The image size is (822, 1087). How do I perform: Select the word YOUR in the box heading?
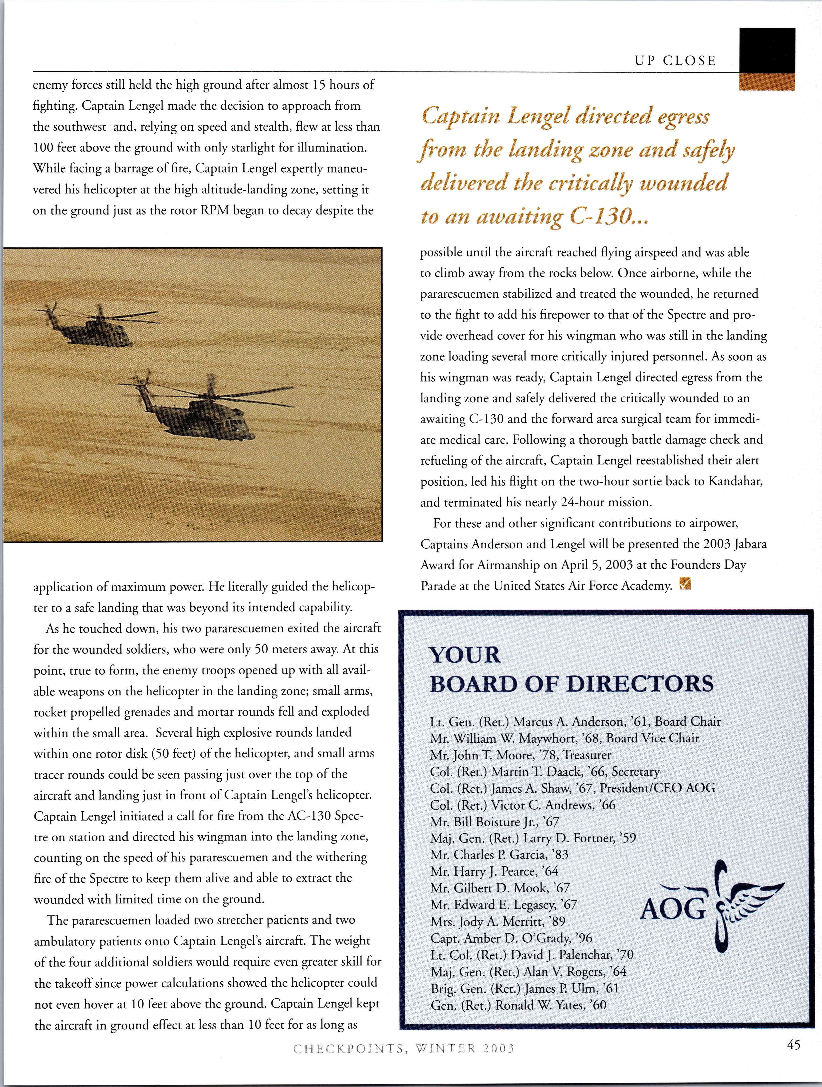[465, 655]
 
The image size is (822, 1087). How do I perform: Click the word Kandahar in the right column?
[735, 481]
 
